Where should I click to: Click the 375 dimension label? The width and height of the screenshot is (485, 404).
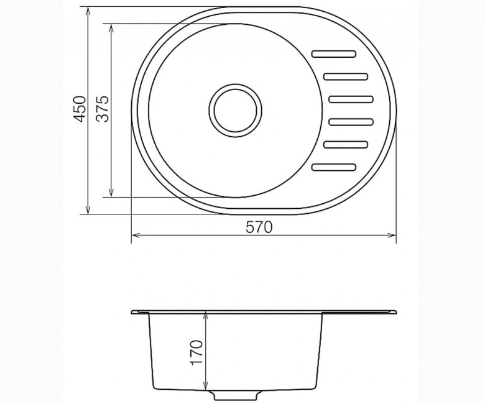pyautogui.click(x=103, y=109)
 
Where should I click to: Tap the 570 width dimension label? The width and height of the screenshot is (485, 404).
pyautogui.click(x=259, y=227)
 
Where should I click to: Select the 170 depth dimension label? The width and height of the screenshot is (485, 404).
pyautogui.click(x=196, y=352)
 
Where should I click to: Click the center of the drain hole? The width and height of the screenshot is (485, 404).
pyautogui.click(x=236, y=111)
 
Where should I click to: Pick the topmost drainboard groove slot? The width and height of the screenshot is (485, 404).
pyautogui.click(x=334, y=54)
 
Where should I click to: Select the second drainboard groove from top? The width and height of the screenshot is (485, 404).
pyautogui.click(x=346, y=76)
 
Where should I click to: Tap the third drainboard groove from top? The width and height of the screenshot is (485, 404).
pyautogui.click(x=351, y=99)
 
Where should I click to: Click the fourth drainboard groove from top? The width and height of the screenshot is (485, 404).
pyautogui.click(x=351, y=122)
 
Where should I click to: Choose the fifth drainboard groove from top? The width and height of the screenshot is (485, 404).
pyautogui.click(x=346, y=144)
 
